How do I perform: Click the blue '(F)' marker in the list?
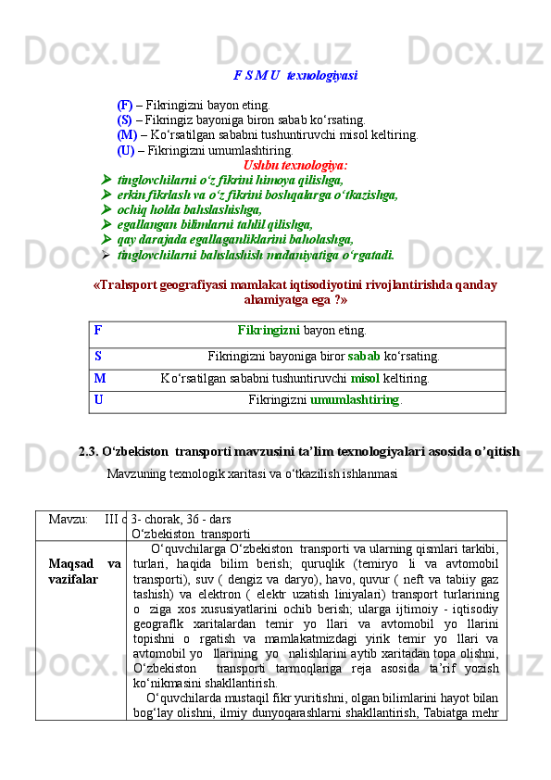coord(125,105)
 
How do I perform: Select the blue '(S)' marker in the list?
coord(125,120)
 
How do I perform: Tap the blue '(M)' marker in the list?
coord(127,134)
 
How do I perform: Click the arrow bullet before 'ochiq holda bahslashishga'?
coord(106,209)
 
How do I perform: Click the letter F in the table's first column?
coord(98,330)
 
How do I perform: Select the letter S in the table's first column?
coord(98,356)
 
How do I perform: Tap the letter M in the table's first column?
coord(100,378)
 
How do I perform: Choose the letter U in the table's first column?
coord(99,400)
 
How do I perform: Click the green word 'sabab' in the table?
coord(362,356)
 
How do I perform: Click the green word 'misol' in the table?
coord(366,378)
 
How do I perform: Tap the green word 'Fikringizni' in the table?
coord(269,330)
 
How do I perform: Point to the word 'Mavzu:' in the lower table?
coord(69,519)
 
